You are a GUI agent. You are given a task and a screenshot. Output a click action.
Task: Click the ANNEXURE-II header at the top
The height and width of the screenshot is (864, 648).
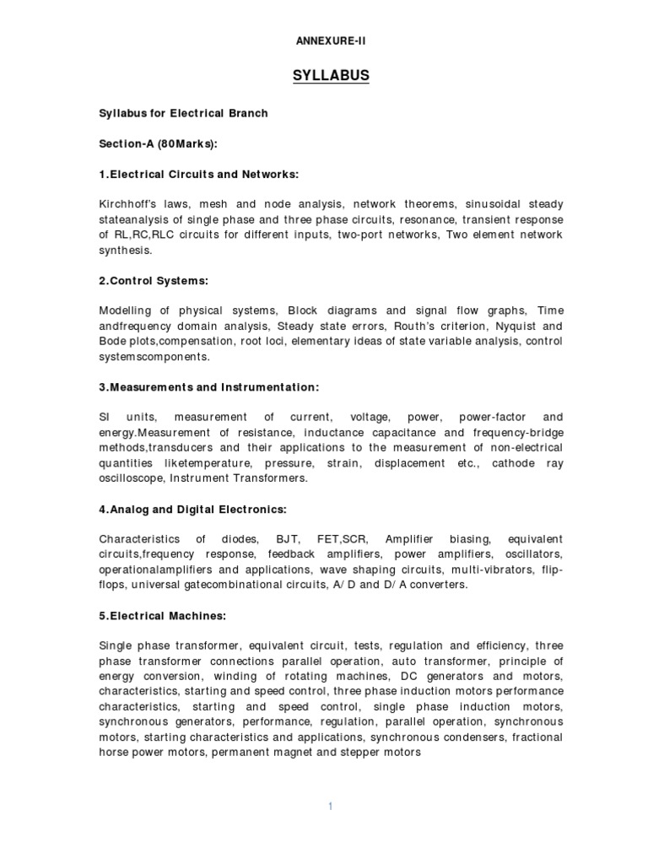click(x=331, y=40)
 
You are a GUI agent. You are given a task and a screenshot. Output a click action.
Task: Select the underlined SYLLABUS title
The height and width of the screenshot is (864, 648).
click(x=331, y=77)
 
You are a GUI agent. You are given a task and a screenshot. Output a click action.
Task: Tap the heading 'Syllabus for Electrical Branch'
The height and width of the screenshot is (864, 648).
click(x=183, y=113)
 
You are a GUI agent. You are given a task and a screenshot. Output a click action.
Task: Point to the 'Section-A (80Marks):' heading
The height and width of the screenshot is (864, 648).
click(x=158, y=144)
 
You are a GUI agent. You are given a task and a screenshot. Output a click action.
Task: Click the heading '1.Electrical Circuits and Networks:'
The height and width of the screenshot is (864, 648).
click(x=199, y=175)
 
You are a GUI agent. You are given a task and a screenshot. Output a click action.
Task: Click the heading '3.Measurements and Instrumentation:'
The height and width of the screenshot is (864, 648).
click(x=208, y=387)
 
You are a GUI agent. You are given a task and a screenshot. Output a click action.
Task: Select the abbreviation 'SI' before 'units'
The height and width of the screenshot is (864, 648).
click(x=105, y=418)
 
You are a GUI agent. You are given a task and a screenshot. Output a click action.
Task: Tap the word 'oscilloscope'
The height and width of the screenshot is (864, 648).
click(x=131, y=478)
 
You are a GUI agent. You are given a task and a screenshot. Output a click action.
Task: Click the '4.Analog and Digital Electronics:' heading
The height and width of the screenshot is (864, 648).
click(x=192, y=509)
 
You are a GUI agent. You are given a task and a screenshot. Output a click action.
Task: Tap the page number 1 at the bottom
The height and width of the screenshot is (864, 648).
click(x=331, y=807)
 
